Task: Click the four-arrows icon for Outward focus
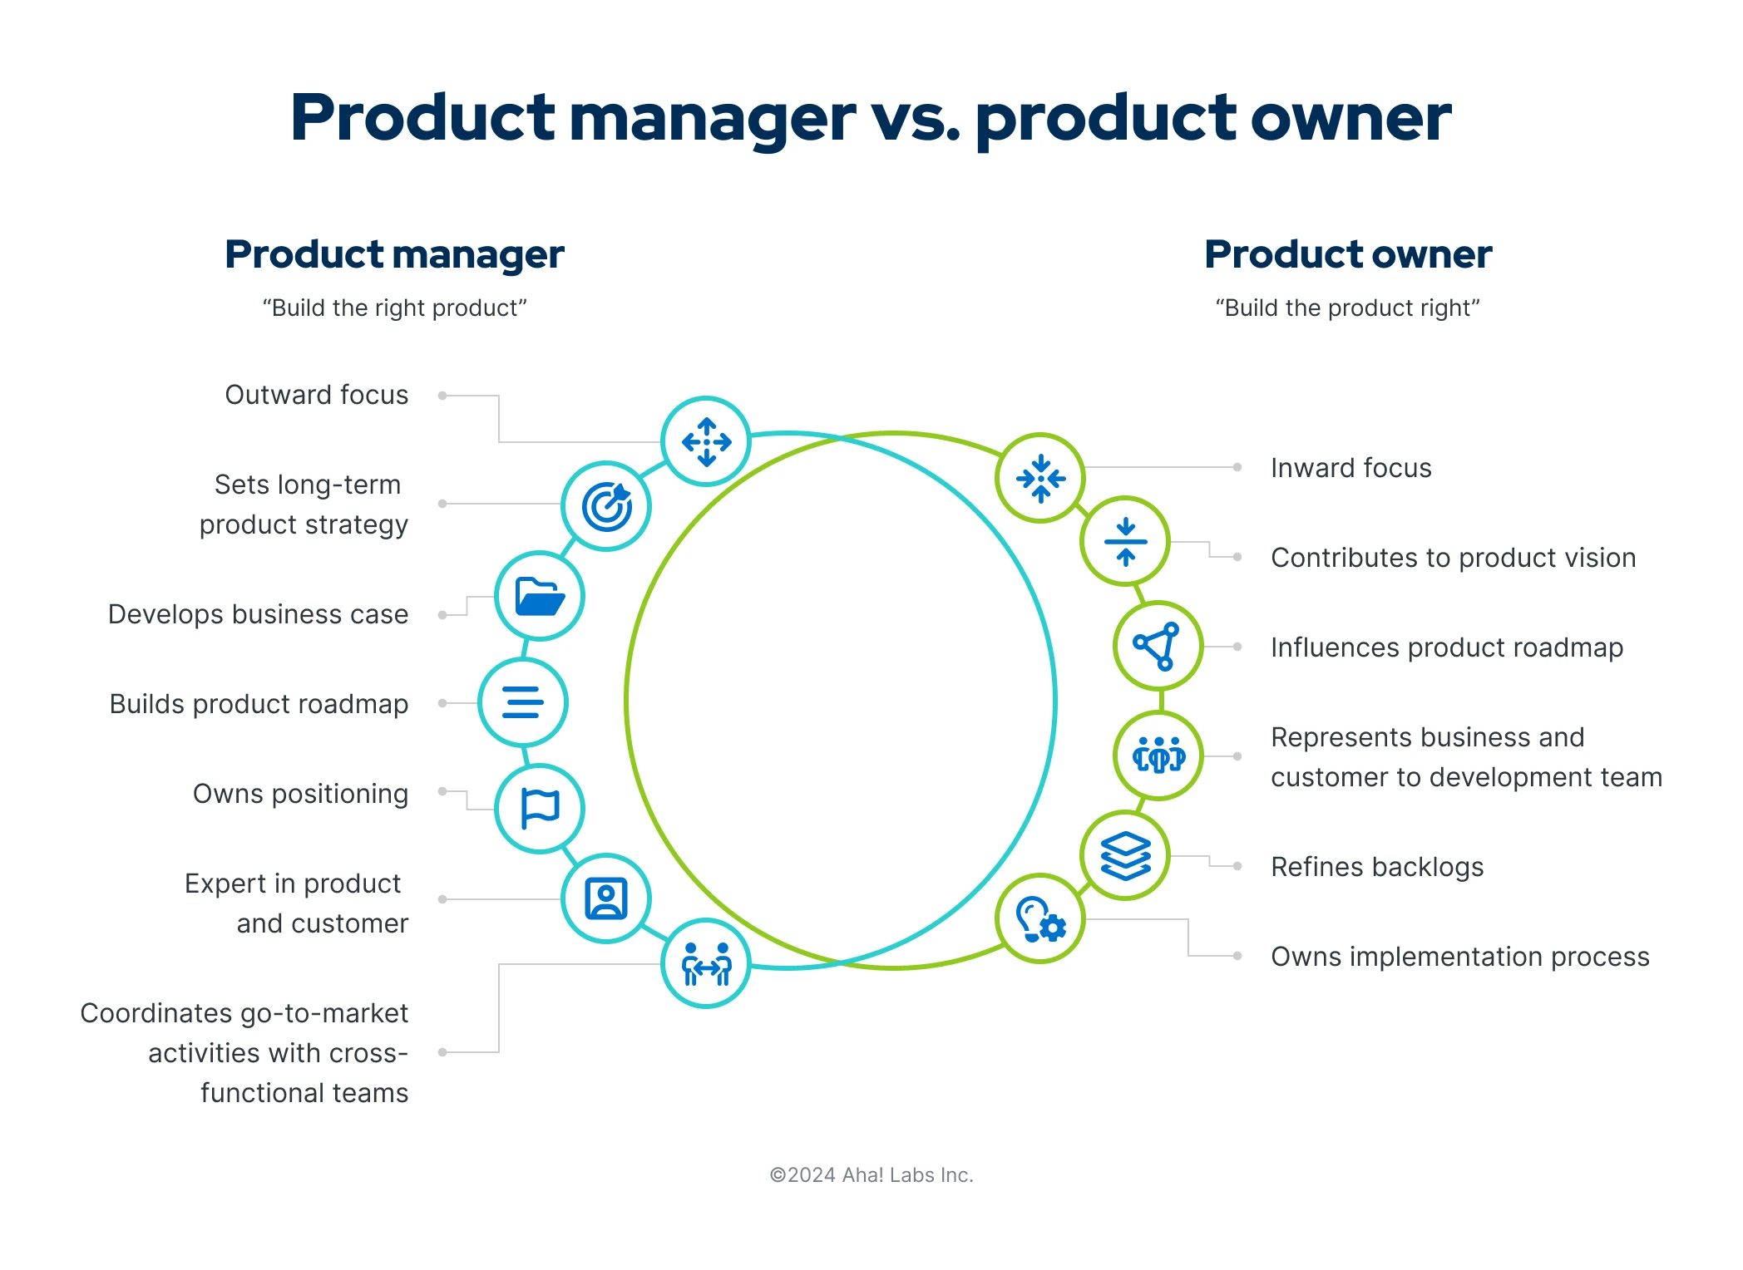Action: click(706, 441)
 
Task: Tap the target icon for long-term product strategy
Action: click(606, 506)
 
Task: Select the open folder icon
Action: click(540, 596)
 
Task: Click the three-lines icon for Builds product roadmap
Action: click(523, 702)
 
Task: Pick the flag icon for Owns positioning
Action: click(540, 809)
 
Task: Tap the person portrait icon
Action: click(606, 898)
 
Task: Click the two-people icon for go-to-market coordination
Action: click(706, 963)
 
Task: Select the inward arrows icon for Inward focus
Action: click(1040, 478)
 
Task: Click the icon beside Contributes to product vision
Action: click(1125, 541)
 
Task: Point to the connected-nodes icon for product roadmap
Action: click(1158, 646)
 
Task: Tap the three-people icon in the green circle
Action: click(1158, 756)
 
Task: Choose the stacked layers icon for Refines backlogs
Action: click(1125, 855)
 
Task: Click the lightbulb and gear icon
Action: click(1040, 918)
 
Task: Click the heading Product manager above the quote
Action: click(394, 254)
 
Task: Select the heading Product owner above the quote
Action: click(1348, 254)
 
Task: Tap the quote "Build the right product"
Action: click(394, 308)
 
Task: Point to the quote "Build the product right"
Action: click(1347, 308)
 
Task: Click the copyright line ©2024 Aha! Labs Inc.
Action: click(871, 1174)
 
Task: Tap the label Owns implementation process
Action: click(1459, 957)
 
